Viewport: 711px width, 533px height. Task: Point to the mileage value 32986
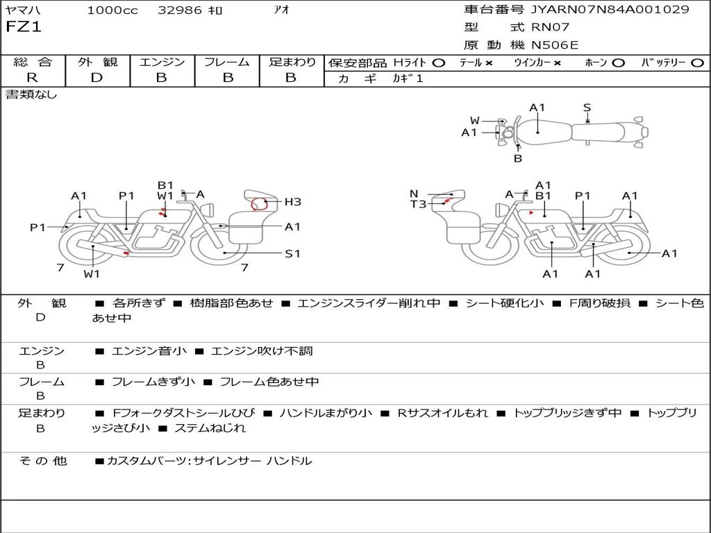180,10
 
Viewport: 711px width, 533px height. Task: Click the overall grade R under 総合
32,78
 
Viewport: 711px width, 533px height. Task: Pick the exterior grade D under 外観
97,78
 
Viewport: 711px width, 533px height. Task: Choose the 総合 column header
32,62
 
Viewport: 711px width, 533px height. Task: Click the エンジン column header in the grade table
162,62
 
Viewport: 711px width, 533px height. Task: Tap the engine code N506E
555,45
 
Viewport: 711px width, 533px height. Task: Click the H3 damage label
292,202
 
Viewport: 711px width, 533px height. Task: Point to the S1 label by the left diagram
292,253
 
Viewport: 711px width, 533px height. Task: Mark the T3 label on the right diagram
418,204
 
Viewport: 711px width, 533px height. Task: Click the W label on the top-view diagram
475,121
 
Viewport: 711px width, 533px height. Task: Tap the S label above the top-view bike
587,108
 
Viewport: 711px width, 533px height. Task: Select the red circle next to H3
260,205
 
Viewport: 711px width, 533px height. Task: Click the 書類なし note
31,95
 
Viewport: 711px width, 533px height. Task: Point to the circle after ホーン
618,62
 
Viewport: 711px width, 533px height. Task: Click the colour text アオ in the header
282,10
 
